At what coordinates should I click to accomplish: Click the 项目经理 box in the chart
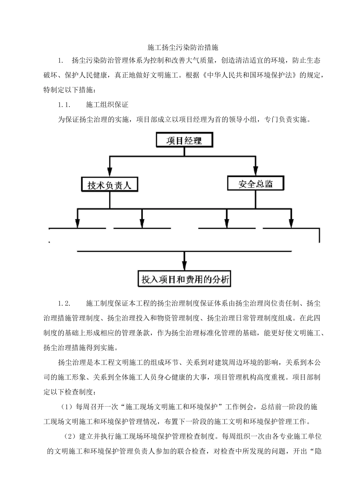pos(184,141)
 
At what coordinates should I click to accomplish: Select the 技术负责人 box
pos(110,185)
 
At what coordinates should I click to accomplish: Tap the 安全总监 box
pos(255,184)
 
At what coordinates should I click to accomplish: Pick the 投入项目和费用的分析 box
pos(185,279)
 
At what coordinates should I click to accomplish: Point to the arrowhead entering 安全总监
pos(256,170)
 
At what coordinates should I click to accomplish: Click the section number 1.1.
pos(64,104)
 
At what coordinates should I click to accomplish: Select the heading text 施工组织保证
pos(107,104)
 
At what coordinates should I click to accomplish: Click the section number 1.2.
pos(64,304)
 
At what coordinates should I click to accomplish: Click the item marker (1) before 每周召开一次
pos(67,407)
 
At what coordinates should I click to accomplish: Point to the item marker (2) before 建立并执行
pos(69,437)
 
